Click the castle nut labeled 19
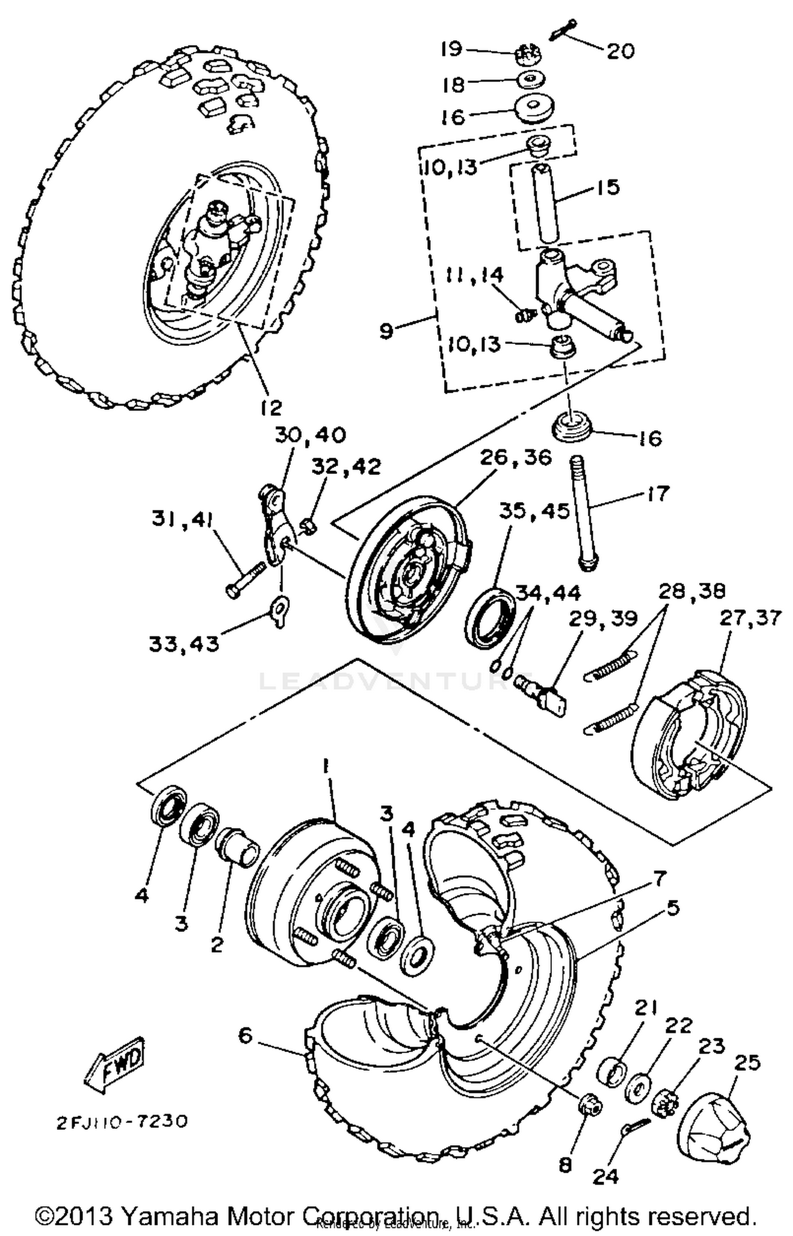pos(529,53)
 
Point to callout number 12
pos(271,407)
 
